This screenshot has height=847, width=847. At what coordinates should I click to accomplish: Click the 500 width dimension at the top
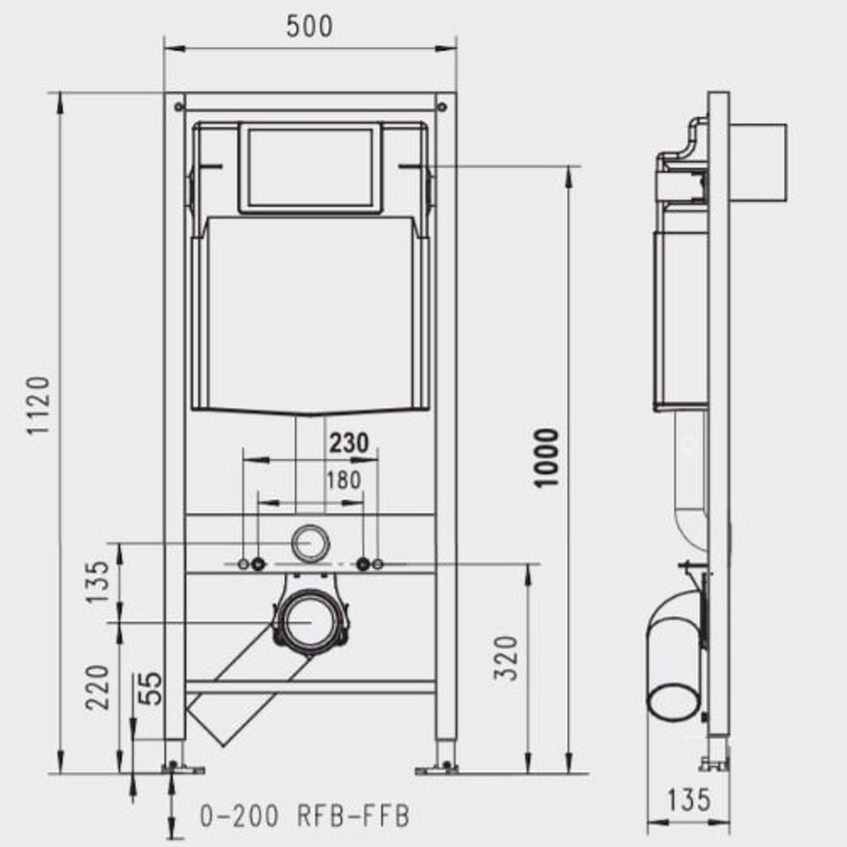(x=309, y=26)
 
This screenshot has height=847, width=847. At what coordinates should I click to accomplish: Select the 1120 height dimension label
(x=39, y=406)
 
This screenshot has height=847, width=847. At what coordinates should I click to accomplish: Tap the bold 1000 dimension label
(x=545, y=458)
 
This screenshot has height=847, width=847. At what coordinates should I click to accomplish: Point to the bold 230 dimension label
(x=349, y=443)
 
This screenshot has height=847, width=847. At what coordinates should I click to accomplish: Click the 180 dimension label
(x=343, y=480)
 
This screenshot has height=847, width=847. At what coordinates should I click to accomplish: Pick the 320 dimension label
(x=506, y=658)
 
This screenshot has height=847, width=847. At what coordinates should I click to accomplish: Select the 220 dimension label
(x=98, y=687)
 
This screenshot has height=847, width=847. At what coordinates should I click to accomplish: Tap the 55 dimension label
(x=150, y=688)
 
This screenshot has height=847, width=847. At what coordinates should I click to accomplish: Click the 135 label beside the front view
(x=98, y=581)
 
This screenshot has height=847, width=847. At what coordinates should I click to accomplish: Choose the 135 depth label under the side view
(x=689, y=800)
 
